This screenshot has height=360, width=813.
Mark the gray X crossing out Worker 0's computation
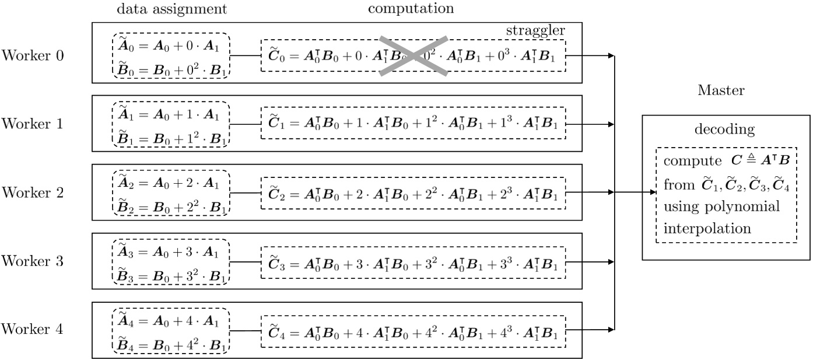(413, 55)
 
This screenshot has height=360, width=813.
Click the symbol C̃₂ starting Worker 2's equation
(276, 191)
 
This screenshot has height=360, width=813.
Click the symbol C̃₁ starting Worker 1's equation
(276, 123)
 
